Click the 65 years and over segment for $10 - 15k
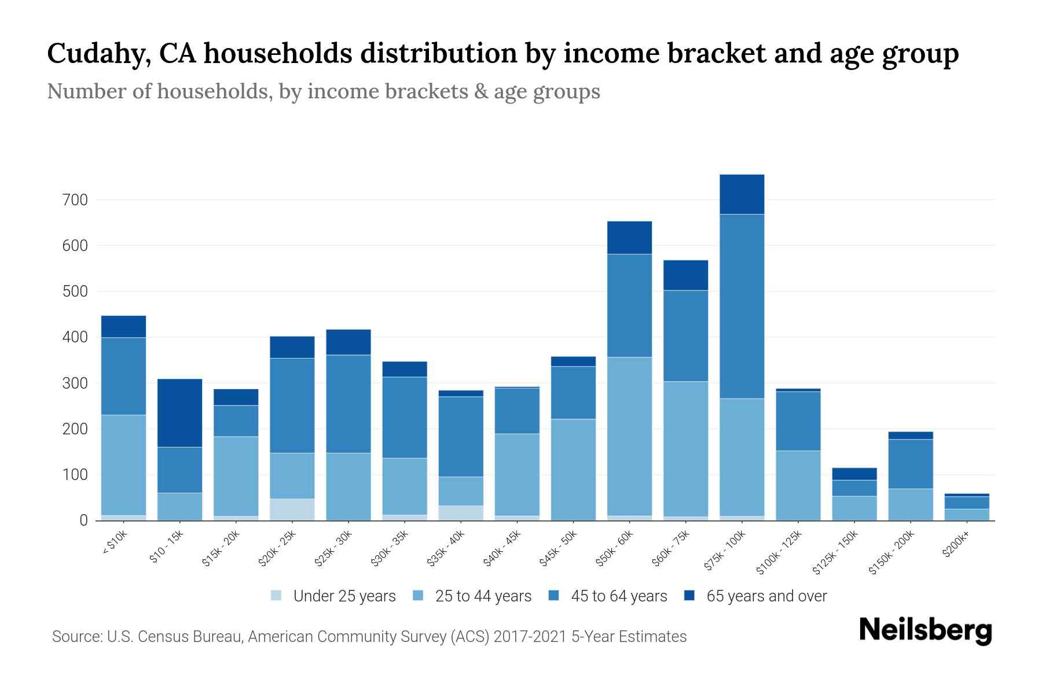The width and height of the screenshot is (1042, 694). [x=179, y=413]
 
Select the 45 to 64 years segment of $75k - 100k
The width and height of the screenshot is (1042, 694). [x=742, y=307]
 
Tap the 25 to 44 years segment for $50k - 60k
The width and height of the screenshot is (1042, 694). [x=629, y=436]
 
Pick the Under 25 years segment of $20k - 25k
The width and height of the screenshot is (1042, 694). [x=292, y=510]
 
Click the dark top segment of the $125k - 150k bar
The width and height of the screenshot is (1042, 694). [x=854, y=474]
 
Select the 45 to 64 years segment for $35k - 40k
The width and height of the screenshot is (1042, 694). [x=461, y=437]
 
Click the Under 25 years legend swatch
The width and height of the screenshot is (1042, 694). [x=277, y=596]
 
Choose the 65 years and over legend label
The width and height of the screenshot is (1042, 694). [x=766, y=596]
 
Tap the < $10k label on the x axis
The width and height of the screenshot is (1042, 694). [x=114, y=544]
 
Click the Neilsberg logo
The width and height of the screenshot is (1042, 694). [x=926, y=630]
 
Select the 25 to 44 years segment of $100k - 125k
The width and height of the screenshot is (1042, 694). [x=798, y=486]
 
